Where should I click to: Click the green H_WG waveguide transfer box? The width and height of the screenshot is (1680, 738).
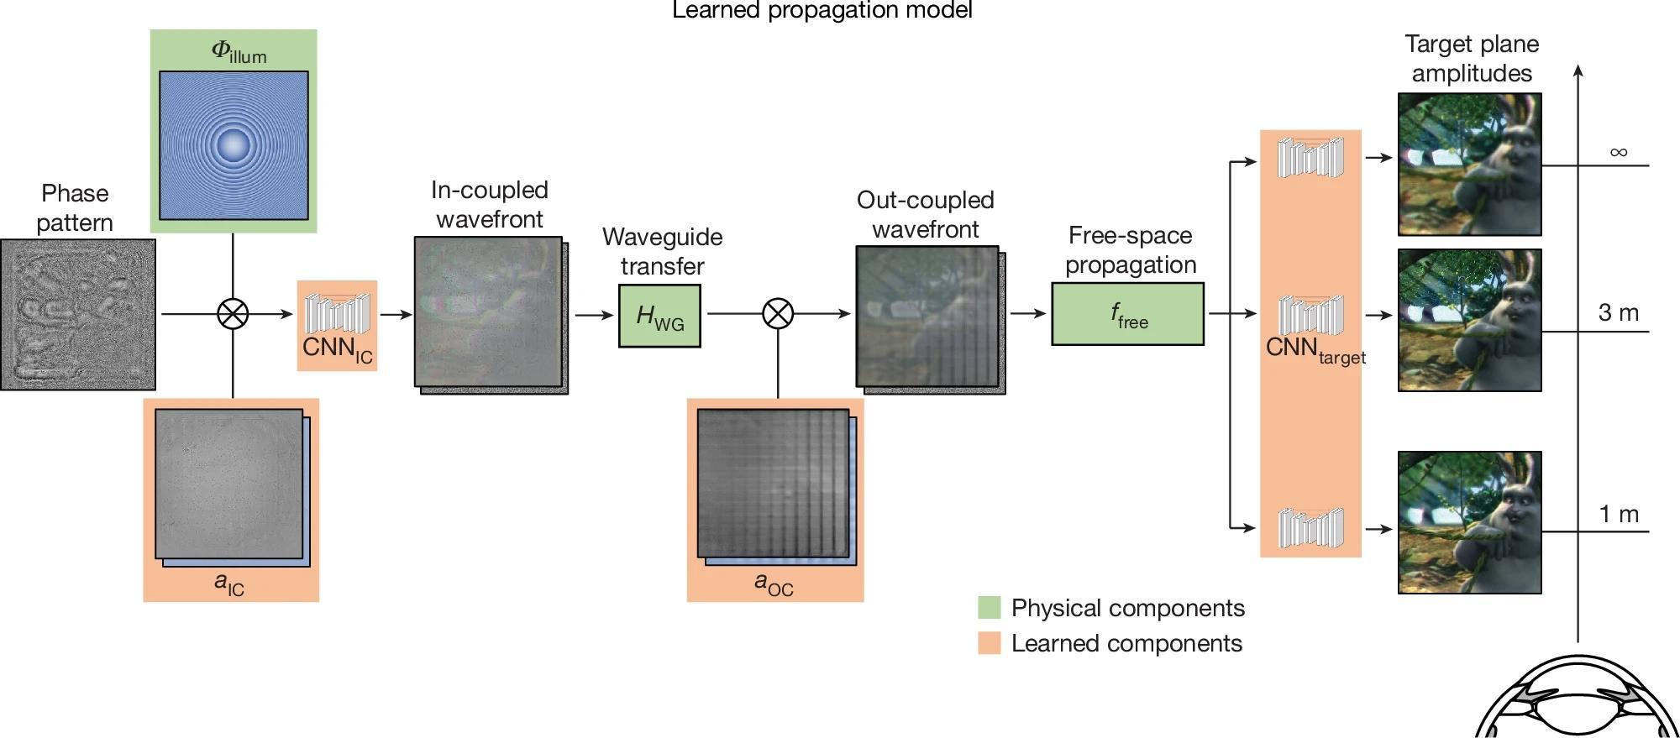pos(659,316)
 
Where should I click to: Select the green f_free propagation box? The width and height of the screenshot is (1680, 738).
pos(1127,314)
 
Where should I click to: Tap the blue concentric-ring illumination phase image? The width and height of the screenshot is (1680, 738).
pos(234,145)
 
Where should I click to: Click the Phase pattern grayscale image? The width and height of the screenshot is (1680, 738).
pos(77,314)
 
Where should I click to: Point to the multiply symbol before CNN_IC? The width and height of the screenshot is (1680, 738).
pos(233,314)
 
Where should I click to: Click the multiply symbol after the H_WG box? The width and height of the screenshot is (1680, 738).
pos(777,314)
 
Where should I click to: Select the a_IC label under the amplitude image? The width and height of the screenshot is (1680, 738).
pos(229,584)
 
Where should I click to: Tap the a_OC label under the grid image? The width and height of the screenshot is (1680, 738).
pos(773,584)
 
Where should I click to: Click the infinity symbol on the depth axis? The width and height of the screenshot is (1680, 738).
pos(1618,152)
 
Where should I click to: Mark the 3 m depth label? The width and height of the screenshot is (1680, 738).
pos(1618,313)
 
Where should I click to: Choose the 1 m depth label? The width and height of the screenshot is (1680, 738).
pos(1618,514)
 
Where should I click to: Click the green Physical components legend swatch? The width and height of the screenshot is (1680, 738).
pos(989,608)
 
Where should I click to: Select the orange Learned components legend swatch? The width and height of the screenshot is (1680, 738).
pos(989,643)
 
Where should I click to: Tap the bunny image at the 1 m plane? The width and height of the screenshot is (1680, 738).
pos(1469,522)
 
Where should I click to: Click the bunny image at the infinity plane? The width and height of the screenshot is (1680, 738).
pos(1469,164)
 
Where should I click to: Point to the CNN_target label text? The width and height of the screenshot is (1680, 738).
pos(1315,350)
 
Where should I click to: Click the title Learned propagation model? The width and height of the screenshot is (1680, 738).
pos(822,10)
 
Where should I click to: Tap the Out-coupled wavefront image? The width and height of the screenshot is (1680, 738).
pos(927,317)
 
